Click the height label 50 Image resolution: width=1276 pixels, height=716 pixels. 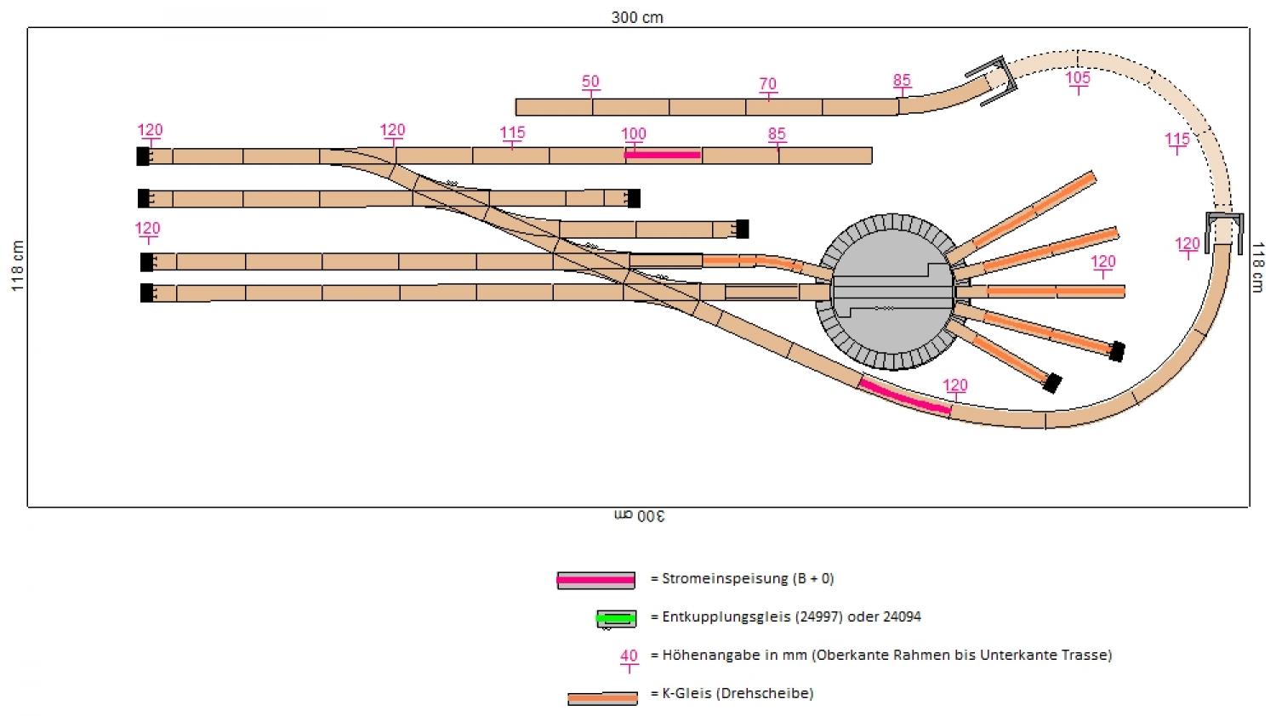pyautogui.click(x=590, y=82)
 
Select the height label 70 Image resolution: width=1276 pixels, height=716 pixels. pyautogui.click(x=767, y=84)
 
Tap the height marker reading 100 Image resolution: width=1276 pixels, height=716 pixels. pyautogui.click(x=633, y=134)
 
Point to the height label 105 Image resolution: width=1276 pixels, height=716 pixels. pyautogui.click(x=1078, y=78)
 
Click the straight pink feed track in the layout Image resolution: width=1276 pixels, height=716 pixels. pyautogui.click(x=663, y=155)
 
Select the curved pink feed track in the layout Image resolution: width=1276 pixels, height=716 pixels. pyautogui.click(x=904, y=398)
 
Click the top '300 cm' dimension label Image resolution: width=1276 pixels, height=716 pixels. pyautogui.click(x=637, y=17)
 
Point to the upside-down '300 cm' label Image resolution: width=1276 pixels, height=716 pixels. pyautogui.click(x=639, y=516)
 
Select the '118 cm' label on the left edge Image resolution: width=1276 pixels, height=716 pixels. pyautogui.click(x=17, y=267)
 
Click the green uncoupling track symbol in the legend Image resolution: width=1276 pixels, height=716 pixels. pyautogui.click(x=616, y=618)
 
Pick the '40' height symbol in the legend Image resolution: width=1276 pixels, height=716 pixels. pyautogui.click(x=629, y=657)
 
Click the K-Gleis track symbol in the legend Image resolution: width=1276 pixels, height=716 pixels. pyautogui.click(x=602, y=698)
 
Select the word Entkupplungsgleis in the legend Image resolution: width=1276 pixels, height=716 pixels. pyautogui.click(x=726, y=617)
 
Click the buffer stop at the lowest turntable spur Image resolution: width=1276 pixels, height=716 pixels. pyautogui.click(x=1052, y=384)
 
